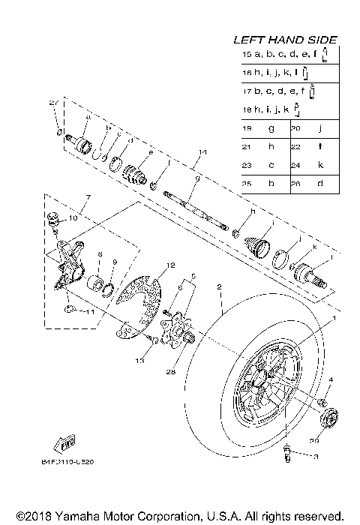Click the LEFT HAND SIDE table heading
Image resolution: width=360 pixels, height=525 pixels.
tap(284, 39)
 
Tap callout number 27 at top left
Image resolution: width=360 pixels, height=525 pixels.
tap(53, 103)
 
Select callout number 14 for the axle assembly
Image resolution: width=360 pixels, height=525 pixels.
tap(201, 152)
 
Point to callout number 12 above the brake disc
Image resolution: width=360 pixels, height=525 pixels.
tap(171, 265)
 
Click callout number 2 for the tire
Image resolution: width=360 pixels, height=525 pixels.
tap(219, 286)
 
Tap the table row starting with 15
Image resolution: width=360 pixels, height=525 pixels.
tap(285, 55)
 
